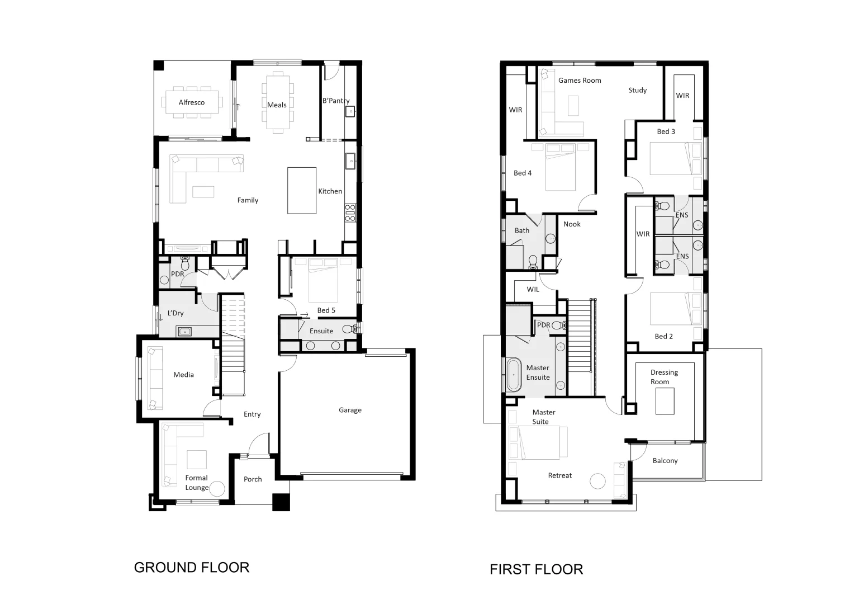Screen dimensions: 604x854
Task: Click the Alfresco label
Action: (191, 102)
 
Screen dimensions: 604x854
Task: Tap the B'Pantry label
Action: (335, 101)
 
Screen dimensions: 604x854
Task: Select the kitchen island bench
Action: (302, 190)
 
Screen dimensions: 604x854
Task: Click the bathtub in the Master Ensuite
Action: (513, 374)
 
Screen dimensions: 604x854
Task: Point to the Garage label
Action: (350, 410)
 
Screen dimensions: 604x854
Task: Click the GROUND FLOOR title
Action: (191, 567)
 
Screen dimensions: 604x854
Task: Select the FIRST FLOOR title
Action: (536, 569)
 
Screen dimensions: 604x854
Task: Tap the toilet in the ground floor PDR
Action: (186, 262)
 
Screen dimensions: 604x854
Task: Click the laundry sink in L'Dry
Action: (184, 332)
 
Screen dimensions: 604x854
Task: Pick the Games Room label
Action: (580, 81)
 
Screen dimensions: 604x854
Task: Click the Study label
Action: (637, 90)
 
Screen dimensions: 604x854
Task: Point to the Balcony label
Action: (665, 461)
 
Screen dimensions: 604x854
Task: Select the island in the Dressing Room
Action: (665, 401)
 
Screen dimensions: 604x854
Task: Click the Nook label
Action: (572, 224)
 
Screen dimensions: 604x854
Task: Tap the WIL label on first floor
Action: (533, 290)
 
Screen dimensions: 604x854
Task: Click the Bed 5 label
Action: (326, 310)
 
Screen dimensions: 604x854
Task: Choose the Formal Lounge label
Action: (197, 483)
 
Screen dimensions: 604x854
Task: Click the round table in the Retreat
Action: (598, 481)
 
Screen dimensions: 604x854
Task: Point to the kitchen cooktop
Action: (350, 213)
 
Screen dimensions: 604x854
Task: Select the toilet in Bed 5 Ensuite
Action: (349, 329)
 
